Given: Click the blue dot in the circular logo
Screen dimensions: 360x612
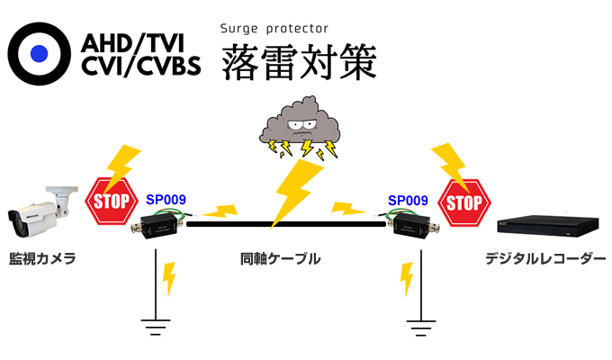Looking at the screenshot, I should tap(39, 53).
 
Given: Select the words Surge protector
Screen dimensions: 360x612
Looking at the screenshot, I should tap(274, 28).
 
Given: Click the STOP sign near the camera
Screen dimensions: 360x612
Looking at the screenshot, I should tap(109, 201).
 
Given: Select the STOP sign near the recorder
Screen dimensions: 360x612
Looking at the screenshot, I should tap(464, 201).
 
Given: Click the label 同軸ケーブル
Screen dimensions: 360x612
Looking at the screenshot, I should tap(281, 259).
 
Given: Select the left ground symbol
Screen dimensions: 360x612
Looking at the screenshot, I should tap(157, 323).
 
